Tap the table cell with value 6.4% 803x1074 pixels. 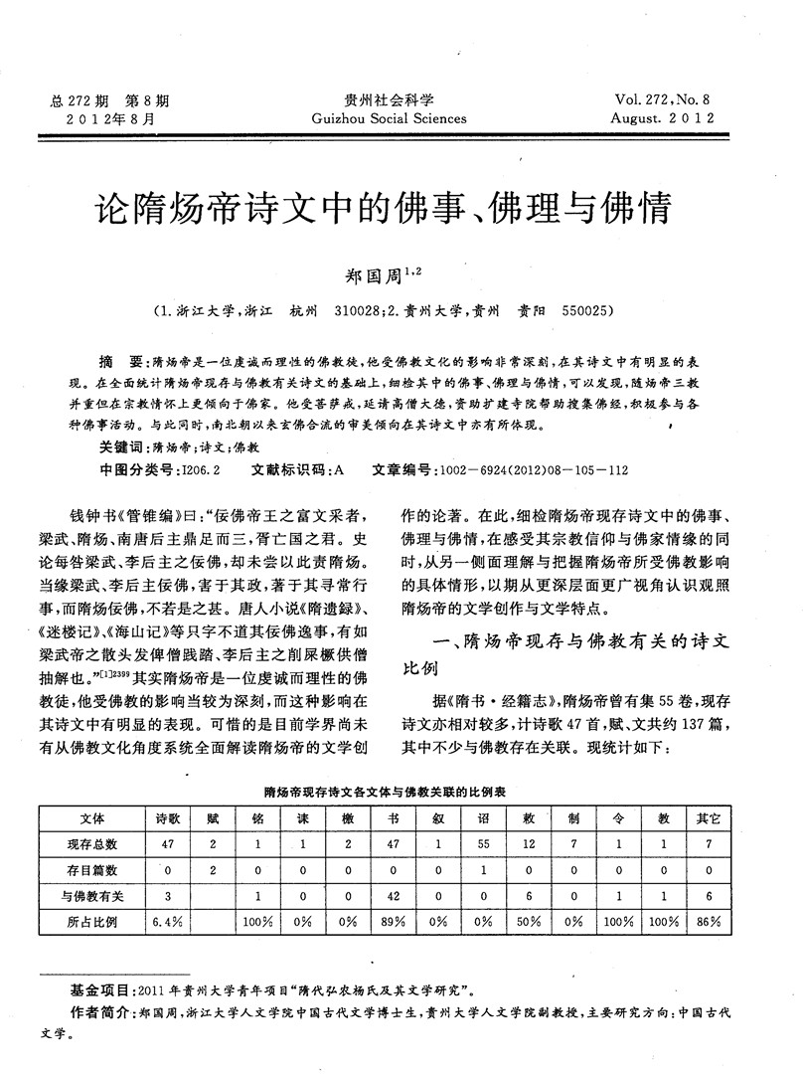pyautogui.click(x=161, y=921)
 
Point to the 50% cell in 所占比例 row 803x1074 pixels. pyautogui.click(x=529, y=921)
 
